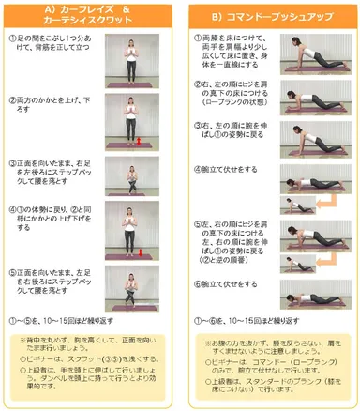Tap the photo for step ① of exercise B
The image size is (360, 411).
point(308,56)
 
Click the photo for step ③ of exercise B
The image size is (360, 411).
point(308,140)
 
